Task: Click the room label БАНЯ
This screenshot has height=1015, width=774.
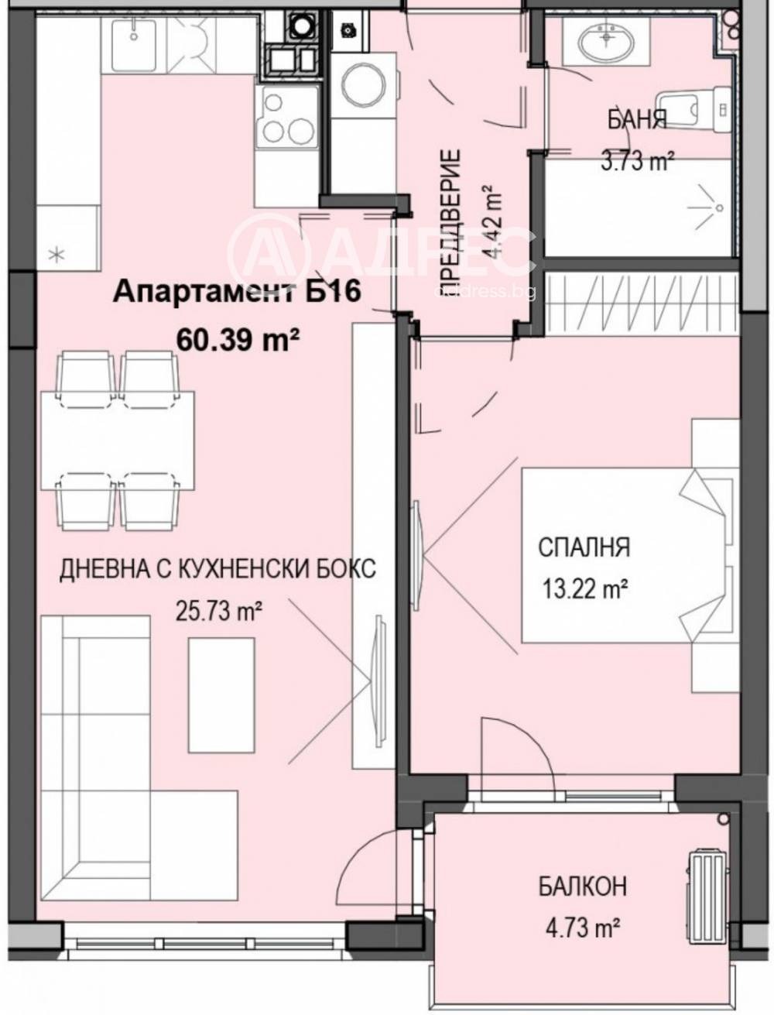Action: point(636,120)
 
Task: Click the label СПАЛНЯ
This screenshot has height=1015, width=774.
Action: point(584,547)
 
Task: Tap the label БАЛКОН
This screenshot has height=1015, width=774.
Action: point(582,886)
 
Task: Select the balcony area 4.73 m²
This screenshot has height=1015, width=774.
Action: point(582,926)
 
